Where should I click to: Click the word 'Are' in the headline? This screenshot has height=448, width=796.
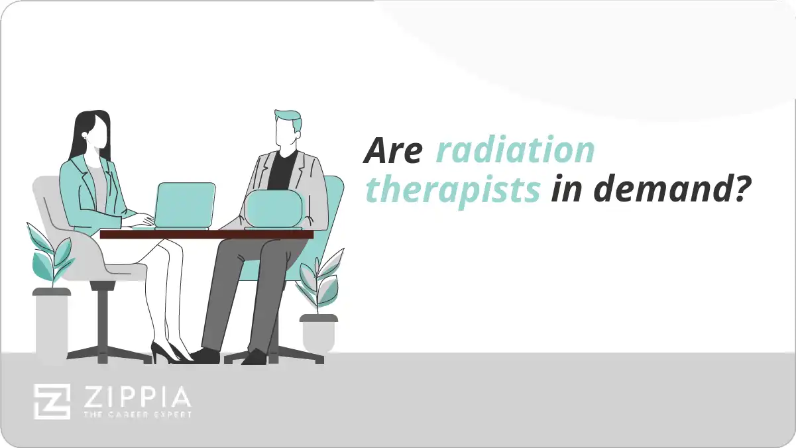393,151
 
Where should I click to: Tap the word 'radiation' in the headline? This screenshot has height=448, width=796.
515,151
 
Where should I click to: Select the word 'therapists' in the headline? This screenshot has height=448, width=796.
453,190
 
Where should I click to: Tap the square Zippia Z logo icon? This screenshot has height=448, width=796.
52,402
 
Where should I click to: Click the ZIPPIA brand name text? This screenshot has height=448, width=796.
135,398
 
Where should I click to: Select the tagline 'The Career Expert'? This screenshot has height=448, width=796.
135,416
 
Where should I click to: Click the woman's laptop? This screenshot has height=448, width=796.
185,205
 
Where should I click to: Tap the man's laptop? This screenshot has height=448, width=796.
273,209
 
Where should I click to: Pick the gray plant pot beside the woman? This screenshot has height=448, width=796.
51,325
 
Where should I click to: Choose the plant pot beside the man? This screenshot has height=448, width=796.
318,333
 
